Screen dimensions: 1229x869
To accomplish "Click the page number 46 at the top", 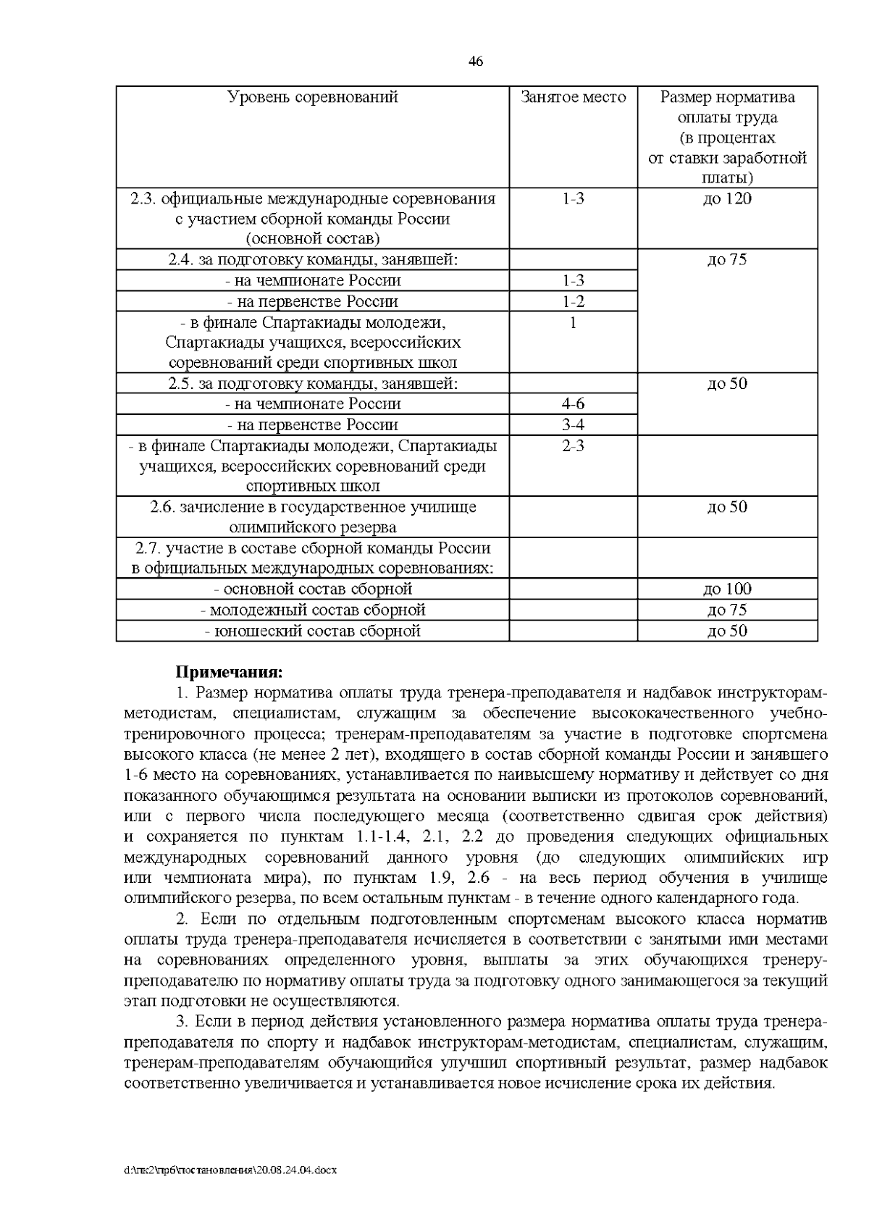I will coord(476,62).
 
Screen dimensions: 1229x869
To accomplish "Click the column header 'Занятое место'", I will coord(573,97).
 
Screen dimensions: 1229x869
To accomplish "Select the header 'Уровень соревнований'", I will coord(313,97).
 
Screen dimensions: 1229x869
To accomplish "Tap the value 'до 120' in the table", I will coord(727,198).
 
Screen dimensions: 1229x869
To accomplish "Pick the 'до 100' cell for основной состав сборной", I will coord(727,590).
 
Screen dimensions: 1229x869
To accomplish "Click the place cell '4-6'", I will coord(573,404).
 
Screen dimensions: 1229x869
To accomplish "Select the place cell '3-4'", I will coord(573,425).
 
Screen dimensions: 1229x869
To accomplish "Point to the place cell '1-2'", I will coord(573,301).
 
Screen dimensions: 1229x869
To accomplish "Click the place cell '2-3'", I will coord(573,446).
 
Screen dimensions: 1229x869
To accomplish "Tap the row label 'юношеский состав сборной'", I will coord(313,632).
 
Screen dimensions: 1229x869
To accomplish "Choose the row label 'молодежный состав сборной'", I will coord(313,611).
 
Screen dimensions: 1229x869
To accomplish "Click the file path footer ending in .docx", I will coord(231,1170).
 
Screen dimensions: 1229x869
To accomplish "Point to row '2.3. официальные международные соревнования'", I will coord(313,198).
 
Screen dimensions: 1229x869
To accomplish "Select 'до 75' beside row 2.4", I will coord(727,260).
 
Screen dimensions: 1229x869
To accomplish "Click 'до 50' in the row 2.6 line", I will coord(727,507).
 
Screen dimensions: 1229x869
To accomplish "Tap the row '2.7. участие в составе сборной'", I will coord(313,548).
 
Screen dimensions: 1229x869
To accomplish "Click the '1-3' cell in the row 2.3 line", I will coord(573,198).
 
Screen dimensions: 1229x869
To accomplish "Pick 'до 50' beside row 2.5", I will coord(727,384).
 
